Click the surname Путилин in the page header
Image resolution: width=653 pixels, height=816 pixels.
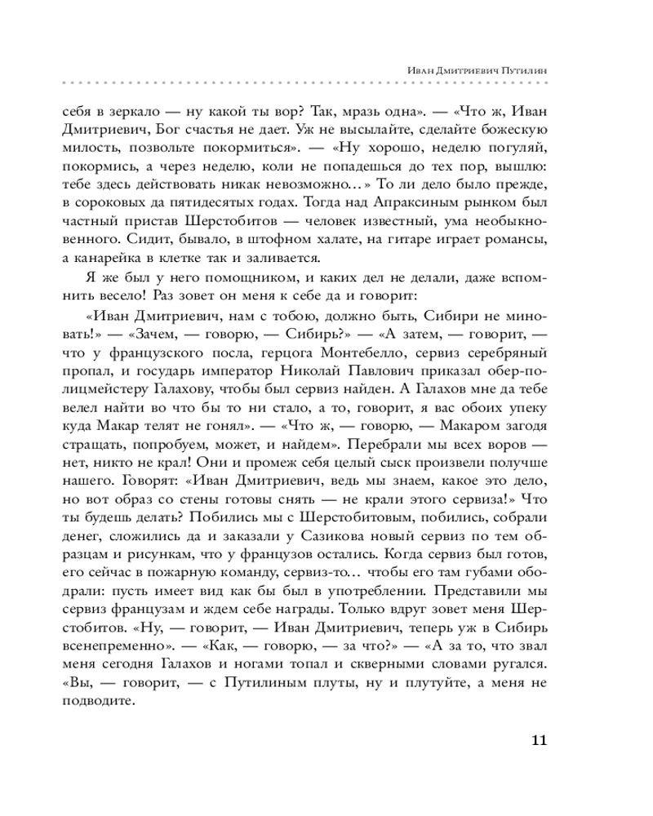pyautogui.click(x=520, y=70)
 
